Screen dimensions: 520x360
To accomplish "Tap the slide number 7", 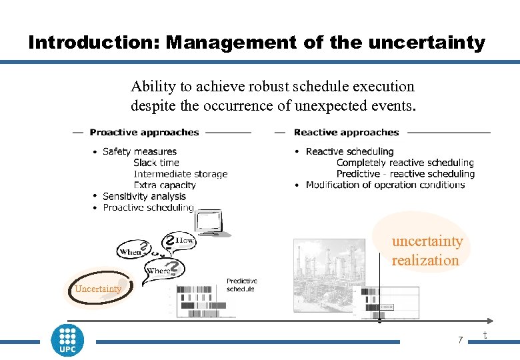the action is (x=460, y=341).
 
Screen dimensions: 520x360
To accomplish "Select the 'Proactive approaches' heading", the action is (x=144, y=132).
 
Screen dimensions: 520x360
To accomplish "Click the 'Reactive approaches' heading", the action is (x=346, y=132).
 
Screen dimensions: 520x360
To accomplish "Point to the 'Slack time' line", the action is (x=156, y=163).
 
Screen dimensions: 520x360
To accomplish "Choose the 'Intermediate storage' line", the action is (x=180, y=174).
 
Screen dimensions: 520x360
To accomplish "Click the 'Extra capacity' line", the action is (x=165, y=185).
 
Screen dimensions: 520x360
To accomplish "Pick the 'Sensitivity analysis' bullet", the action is (x=144, y=196).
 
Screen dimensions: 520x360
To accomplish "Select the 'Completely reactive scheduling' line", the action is (x=405, y=163).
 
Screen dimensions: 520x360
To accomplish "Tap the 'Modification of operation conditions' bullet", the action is (x=385, y=185).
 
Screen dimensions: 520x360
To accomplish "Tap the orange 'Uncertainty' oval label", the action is (x=98, y=289).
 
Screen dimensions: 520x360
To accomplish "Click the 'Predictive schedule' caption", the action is (x=241, y=285).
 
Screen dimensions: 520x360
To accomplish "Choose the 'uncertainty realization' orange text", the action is (x=427, y=250).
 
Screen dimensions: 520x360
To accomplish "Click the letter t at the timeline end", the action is (x=485, y=335).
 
